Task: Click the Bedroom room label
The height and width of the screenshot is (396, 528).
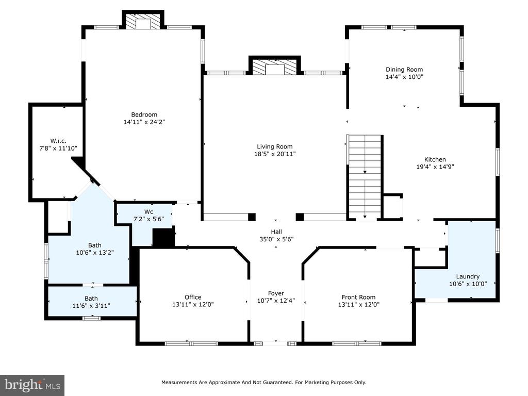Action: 144,114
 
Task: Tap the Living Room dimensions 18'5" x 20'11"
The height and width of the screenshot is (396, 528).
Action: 275,154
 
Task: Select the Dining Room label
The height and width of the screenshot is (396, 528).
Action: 404,70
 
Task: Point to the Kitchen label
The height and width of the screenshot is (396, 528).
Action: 435,160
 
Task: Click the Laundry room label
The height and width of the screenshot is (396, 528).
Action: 468,276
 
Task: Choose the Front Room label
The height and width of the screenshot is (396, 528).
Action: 359,297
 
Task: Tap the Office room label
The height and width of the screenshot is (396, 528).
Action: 193,297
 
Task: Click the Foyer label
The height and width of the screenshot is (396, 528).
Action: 276,293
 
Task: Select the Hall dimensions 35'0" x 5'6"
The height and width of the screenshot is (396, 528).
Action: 276,239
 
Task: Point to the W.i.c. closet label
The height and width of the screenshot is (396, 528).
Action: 58,141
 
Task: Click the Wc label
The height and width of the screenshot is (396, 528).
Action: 148,211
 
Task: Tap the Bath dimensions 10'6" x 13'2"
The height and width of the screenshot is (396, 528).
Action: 95,252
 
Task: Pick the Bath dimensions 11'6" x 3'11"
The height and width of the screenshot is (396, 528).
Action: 91,306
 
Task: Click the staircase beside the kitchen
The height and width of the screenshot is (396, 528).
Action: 365,177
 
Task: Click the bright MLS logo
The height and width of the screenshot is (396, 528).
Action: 32,385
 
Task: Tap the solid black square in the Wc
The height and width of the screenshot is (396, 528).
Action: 163,237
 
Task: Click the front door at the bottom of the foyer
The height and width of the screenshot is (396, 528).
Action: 275,343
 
